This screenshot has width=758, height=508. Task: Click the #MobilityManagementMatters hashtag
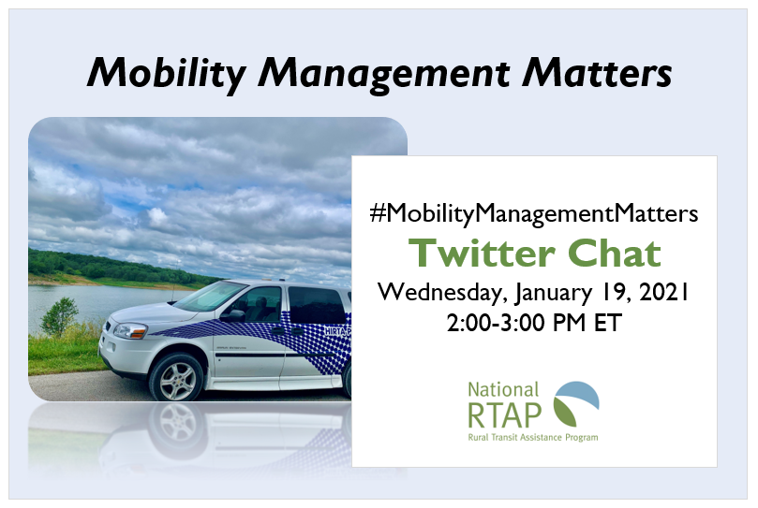534,213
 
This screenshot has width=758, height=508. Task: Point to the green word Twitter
480,253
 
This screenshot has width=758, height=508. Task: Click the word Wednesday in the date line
441,292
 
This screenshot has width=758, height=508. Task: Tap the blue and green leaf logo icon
576,403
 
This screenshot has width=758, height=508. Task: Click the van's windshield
210,297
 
